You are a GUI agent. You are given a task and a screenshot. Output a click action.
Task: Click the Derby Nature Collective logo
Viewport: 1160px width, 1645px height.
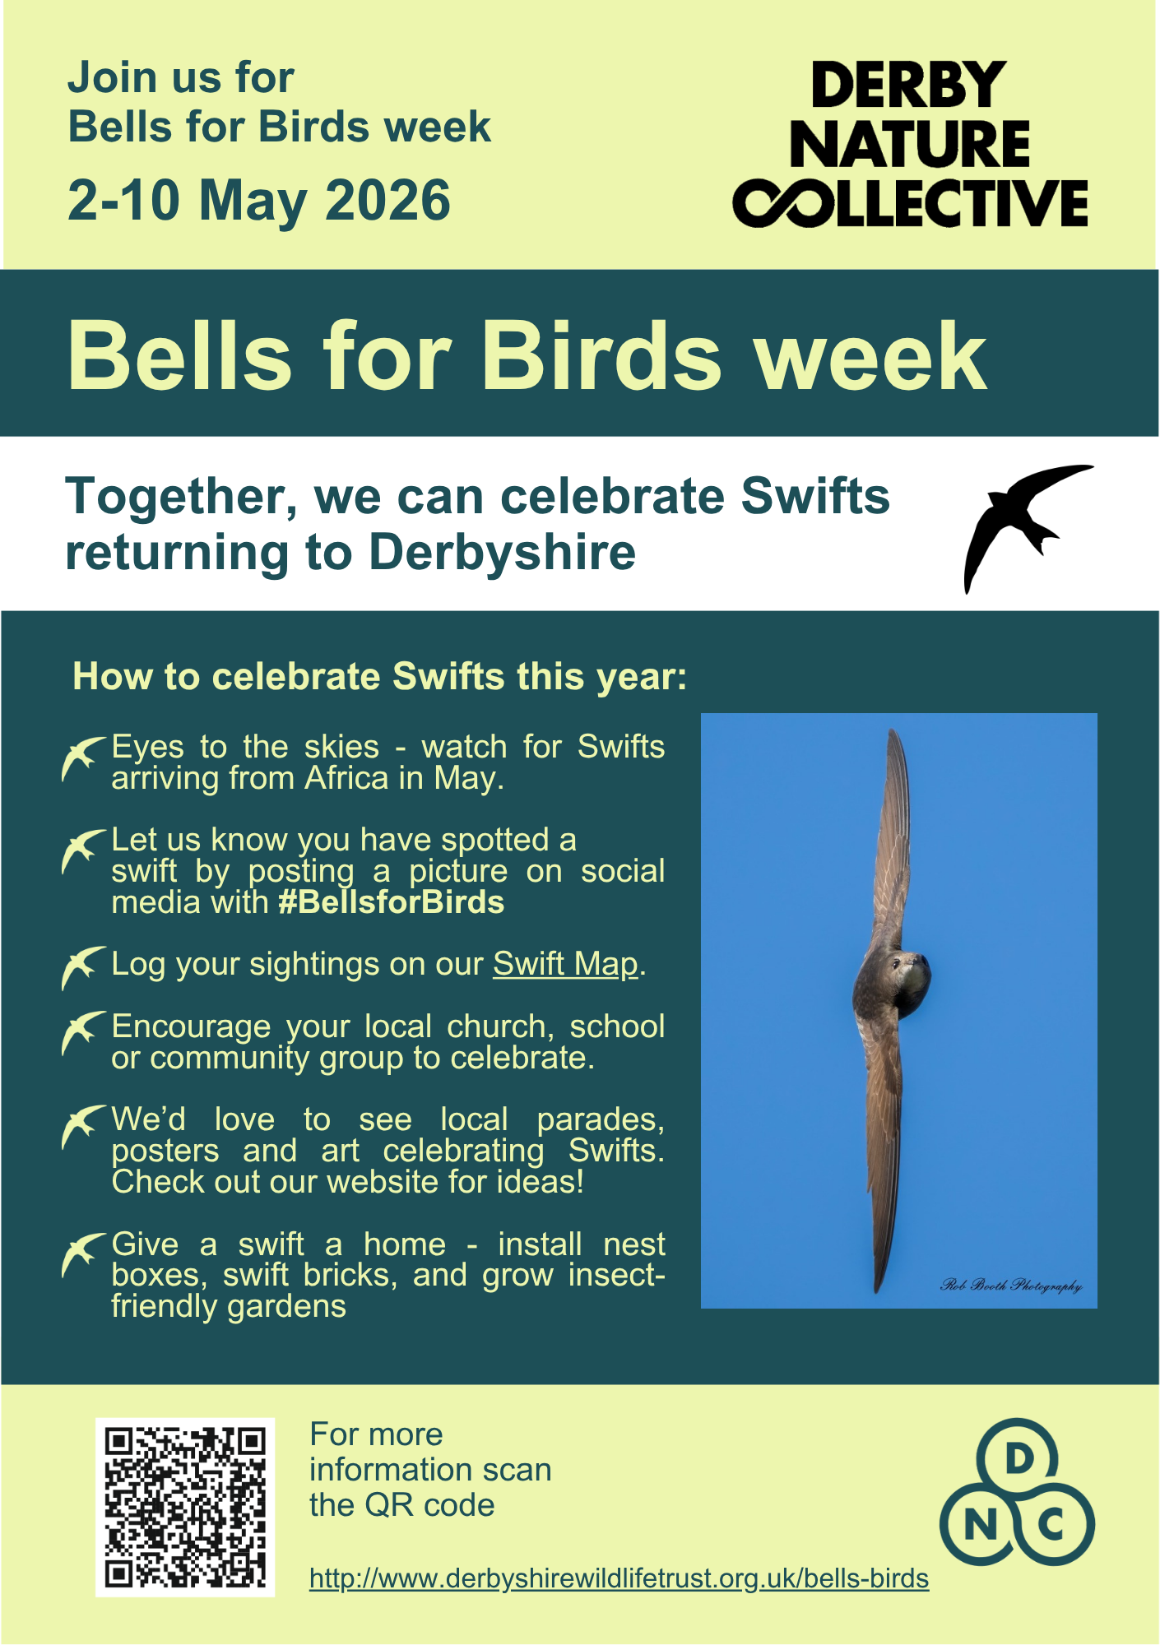coord(910,144)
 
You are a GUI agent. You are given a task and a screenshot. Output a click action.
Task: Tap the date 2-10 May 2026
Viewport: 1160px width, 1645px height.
coord(258,201)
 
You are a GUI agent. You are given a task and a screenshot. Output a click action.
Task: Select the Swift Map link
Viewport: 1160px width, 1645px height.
coord(565,964)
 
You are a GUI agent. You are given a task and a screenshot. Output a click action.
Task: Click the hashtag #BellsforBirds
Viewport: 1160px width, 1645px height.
coord(391,903)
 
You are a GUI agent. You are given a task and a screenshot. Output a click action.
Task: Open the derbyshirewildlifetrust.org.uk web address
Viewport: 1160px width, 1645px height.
coord(619,1579)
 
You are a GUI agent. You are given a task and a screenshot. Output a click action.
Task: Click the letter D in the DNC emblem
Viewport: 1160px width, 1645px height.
coord(1018,1459)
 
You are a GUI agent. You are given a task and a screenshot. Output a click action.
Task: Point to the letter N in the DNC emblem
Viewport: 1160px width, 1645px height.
coord(980,1527)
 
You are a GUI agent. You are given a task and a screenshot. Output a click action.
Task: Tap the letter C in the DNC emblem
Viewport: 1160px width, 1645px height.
coord(1051,1527)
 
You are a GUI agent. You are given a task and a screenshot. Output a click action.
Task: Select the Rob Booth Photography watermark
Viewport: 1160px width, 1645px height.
coord(1011,1285)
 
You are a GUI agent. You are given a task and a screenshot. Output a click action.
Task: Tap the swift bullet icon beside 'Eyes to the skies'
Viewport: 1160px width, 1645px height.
coord(83,758)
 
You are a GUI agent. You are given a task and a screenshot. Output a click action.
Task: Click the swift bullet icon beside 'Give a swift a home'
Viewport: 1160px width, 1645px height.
coord(83,1254)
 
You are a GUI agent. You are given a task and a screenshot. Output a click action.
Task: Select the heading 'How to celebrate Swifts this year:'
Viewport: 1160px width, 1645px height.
coord(379,677)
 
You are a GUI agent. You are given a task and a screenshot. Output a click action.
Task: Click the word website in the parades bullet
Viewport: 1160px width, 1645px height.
coord(382,1182)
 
